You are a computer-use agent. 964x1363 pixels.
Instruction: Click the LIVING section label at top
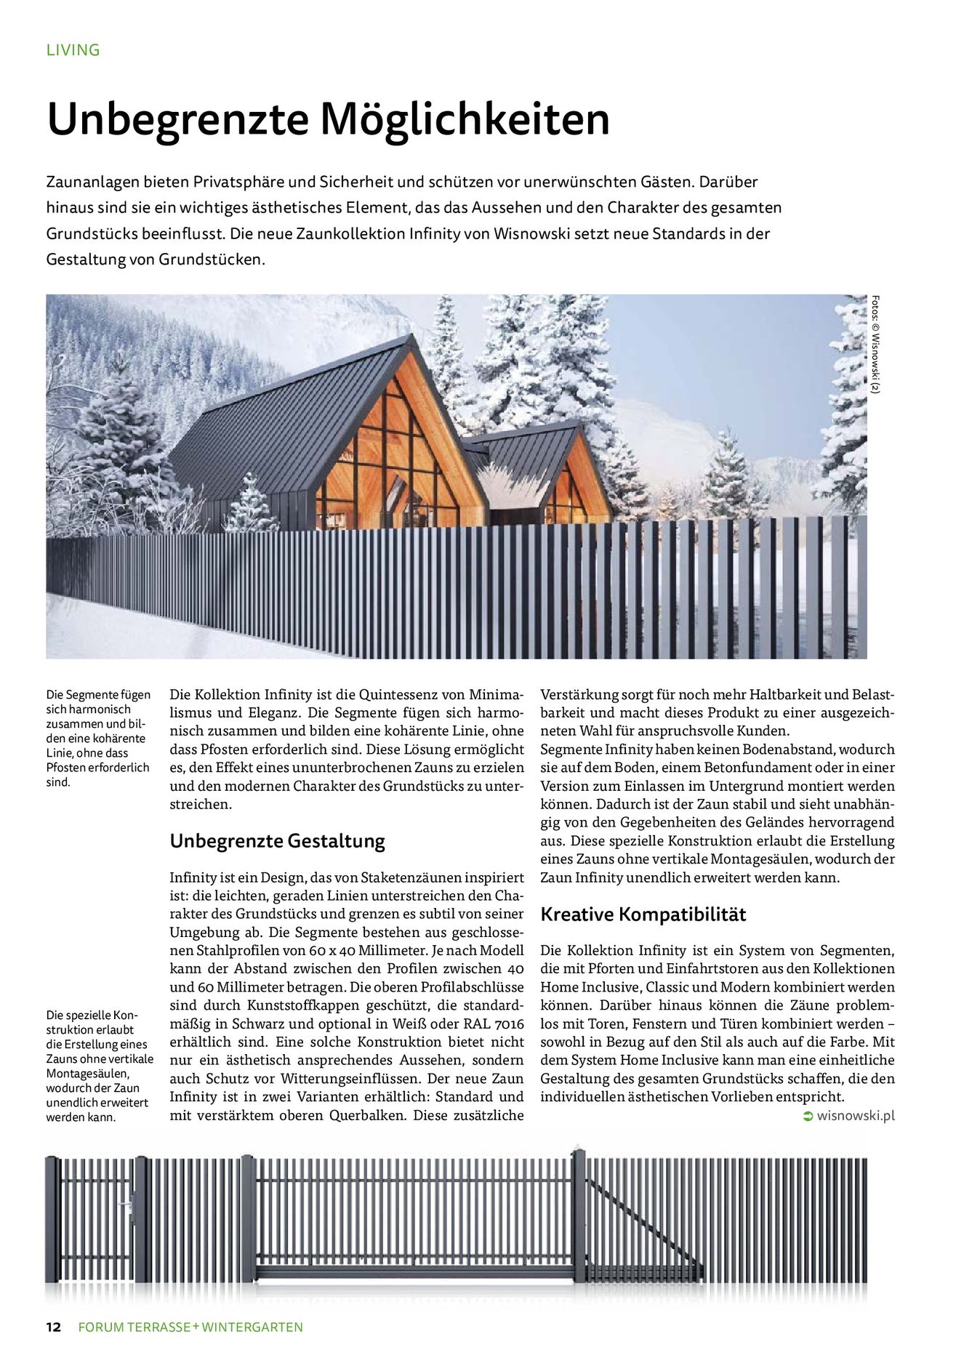coord(73,50)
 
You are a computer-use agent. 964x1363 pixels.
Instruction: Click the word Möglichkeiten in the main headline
coord(465,119)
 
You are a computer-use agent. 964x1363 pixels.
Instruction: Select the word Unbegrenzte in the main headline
coord(178,119)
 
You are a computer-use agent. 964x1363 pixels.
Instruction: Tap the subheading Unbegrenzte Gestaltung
coord(277,841)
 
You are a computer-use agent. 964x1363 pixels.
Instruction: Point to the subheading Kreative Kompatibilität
coord(643,914)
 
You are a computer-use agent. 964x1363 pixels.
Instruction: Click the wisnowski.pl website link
coord(856,1116)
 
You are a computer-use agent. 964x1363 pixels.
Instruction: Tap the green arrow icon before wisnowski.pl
coord(808,1117)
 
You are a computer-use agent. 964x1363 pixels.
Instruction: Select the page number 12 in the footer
coord(54,1327)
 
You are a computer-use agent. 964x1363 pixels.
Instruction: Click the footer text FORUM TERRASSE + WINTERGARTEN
coord(190,1327)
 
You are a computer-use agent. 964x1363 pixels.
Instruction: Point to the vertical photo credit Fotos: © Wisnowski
coord(876,344)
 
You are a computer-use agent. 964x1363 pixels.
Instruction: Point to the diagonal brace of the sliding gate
coord(640,1221)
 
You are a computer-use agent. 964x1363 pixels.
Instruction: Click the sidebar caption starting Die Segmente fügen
coord(98,738)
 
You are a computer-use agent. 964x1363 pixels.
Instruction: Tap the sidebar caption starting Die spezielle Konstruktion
coord(99,1066)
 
